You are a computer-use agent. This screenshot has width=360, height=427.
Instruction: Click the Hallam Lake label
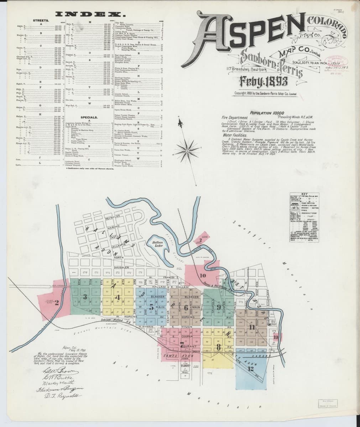pyautogui.click(x=157, y=244)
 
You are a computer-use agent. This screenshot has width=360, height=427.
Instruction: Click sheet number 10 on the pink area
pyautogui.click(x=203, y=275)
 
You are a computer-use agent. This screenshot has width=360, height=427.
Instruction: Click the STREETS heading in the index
pyautogui.click(x=41, y=21)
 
